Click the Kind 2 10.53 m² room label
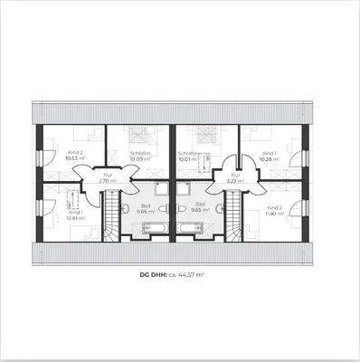click(74, 155)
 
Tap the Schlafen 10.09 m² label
click(139, 157)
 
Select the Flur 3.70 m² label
click(108, 178)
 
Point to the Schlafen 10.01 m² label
click(188, 157)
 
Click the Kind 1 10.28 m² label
click(269, 157)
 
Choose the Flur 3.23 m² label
click(235, 178)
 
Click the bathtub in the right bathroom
click(191, 227)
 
